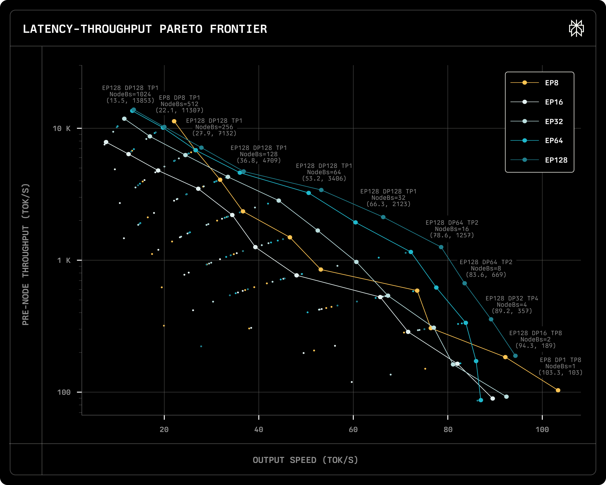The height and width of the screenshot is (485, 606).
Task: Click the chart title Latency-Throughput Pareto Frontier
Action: pyautogui.click(x=145, y=29)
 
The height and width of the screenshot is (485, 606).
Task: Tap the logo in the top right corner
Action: pyautogui.click(x=576, y=28)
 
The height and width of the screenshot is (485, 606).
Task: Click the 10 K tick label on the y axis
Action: pyautogui.click(x=62, y=128)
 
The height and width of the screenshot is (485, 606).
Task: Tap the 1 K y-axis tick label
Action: pyautogui.click(x=64, y=260)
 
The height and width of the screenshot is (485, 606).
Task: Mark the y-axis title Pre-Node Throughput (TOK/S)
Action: pyautogui.click(x=26, y=254)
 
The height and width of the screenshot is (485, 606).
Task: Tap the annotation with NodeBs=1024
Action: pyautogui.click(x=130, y=94)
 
